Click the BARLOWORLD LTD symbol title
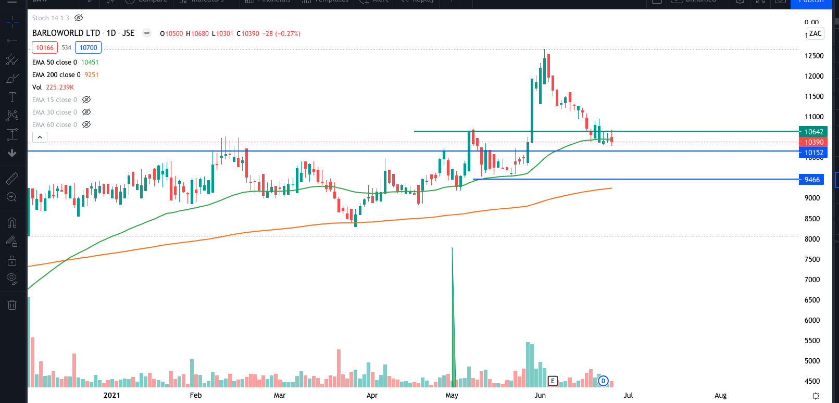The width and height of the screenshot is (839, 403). (66, 33)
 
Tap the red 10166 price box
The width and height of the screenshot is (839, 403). (45, 48)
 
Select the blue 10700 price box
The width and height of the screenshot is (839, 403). (88, 48)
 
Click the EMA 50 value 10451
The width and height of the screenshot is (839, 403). (90, 62)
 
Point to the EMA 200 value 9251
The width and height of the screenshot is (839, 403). (91, 75)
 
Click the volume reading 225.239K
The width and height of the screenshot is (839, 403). (60, 87)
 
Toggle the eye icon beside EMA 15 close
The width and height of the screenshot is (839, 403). (86, 99)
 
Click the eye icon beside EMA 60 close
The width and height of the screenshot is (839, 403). (86, 124)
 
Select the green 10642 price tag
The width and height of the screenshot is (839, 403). (813, 132)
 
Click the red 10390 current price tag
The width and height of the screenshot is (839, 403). (813, 142)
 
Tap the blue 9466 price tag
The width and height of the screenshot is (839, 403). (812, 180)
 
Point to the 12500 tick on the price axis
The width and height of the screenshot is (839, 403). (813, 56)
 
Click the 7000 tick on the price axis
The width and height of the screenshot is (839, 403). (812, 280)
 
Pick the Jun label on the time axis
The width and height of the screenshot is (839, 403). (540, 395)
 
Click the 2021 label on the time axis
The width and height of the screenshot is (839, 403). (111, 395)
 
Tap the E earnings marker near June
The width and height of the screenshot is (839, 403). (553, 381)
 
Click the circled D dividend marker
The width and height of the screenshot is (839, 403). (603, 381)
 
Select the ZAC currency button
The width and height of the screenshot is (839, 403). (815, 34)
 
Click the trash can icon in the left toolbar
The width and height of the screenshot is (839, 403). (12, 305)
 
